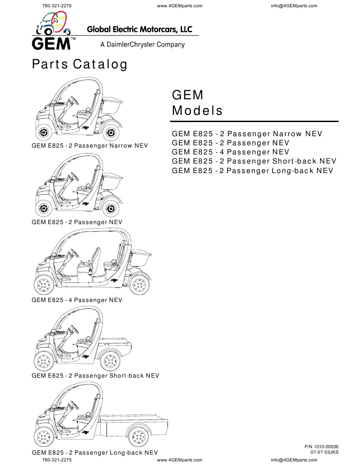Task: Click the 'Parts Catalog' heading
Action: (x=79, y=65)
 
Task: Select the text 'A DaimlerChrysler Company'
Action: (x=142, y=45)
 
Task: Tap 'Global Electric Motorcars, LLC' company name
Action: (x=139, y=29)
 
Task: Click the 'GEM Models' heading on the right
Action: (x=197, y=103)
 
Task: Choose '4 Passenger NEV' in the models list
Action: (x=230, y=152)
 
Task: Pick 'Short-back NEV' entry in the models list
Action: (x=254, y=161)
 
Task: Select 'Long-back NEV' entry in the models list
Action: (x=253, y=171)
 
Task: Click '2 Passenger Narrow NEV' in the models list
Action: (x=247, y=134)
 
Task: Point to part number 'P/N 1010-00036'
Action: (x=321, y=447)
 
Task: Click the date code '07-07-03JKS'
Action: (x=325, y=452)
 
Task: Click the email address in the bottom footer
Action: (x=294, y=460)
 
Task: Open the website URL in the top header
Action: (x=179, y=5)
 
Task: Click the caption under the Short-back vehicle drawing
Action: (x=95, y=376)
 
